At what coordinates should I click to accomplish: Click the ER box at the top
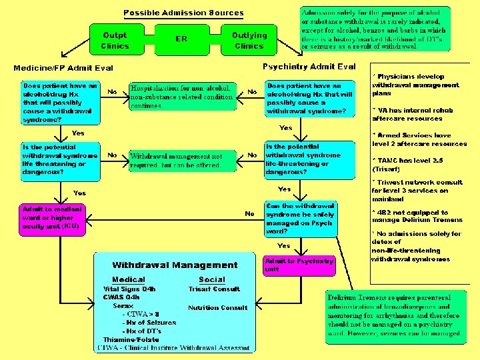181,39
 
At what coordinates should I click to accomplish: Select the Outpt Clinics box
115,40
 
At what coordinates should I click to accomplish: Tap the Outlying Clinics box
249,40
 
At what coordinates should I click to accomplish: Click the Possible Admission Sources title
183,13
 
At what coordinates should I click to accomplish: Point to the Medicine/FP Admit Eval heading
63,68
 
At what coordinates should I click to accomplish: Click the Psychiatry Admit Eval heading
309,67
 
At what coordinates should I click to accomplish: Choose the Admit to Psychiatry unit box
299,265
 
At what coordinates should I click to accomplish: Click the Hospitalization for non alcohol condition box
182,96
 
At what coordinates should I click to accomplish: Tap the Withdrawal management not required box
182,160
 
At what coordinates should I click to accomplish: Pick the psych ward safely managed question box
299,219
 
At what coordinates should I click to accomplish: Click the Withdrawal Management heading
175,265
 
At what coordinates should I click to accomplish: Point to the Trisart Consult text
213,289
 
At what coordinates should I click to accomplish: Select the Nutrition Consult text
217,308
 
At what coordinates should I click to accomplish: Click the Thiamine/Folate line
131,339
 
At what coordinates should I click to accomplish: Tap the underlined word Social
211,280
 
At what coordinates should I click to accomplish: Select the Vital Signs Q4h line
129,289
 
